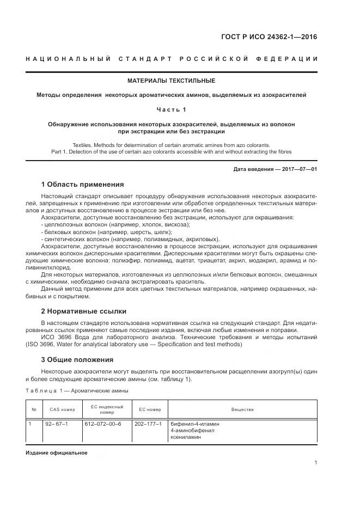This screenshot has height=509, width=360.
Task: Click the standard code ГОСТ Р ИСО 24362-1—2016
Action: (269, 37)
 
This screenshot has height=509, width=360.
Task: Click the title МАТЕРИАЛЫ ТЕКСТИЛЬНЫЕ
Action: (171, 81)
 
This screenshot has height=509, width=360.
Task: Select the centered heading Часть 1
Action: (171, 109)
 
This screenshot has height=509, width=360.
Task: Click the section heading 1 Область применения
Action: (82, 185)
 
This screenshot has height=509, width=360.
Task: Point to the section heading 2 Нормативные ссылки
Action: (83, 311)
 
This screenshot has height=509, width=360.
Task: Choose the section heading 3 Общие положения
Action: (77, 359)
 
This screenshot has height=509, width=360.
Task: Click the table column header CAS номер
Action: (63, 409)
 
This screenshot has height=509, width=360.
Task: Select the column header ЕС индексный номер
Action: (107, 409)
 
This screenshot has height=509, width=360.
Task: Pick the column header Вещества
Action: (242, 409)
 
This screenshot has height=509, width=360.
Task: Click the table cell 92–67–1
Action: (57, 424)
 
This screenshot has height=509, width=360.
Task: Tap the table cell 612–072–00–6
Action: (103, 424)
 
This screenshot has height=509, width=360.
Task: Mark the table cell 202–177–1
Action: (147, 424)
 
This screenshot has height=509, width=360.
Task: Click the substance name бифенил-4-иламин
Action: (195, 424)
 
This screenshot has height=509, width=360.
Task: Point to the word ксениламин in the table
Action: (186, 437)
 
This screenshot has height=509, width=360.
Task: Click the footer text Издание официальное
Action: (57, 453)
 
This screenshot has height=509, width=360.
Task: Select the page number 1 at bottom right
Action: (316, 463)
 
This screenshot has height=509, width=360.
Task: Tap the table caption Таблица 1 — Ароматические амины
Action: (77, 390)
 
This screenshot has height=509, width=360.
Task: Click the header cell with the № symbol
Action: (34, 409)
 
